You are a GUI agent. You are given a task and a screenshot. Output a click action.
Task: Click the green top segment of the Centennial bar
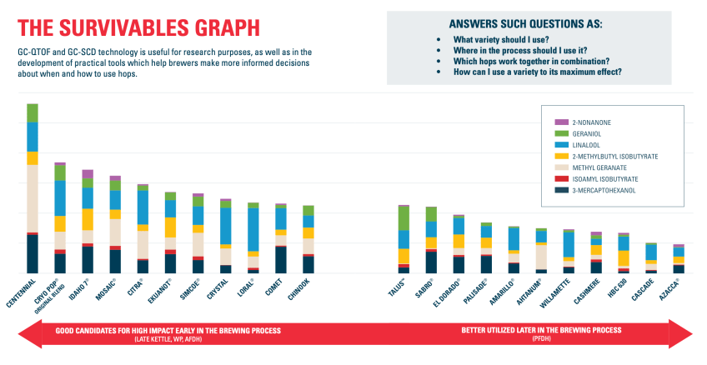click(x=33, y=113)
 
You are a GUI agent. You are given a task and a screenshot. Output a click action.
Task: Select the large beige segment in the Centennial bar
click(x=33, y=197)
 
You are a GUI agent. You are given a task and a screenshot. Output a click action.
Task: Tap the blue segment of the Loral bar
click(x=253, y=229)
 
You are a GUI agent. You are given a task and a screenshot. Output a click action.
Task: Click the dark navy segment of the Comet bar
click(x=281, y=259)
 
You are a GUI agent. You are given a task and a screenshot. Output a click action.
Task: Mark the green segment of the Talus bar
click(x=404, y=218)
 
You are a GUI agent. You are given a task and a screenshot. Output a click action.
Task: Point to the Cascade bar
click(x=651, y=257)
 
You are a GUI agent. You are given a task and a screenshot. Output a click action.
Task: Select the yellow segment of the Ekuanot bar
click(x=170, y=227)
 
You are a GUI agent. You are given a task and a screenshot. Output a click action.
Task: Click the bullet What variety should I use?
click(x=497, y=39)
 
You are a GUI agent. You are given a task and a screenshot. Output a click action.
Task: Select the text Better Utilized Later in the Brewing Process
click(x=541, y=330)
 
